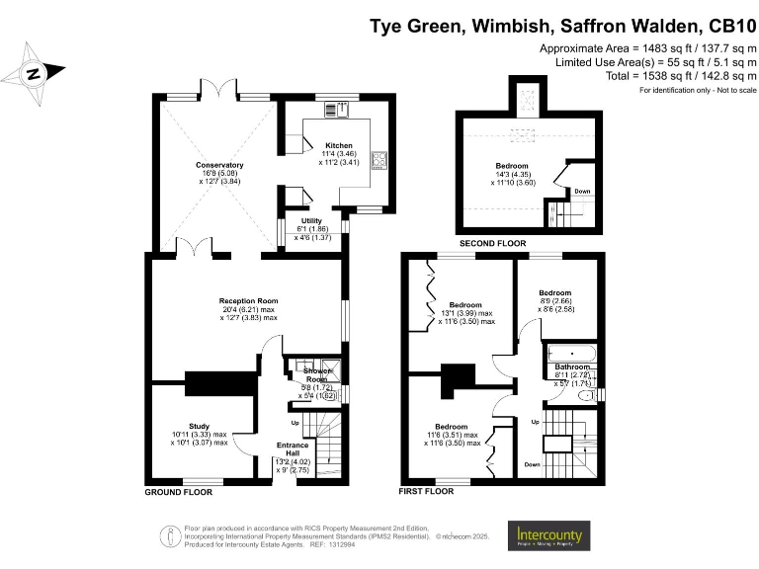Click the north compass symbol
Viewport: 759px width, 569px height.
tap(33, 72)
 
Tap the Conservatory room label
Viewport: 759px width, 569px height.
tap(219, 165)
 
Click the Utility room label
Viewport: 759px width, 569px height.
tap(311, 221)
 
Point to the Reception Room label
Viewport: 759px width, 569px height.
tap(248, 300)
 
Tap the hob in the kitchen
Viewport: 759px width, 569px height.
tap(378, 160)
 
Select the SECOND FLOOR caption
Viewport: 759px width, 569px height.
tap(493, 243)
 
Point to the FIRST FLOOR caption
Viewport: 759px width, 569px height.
tap(427, 491)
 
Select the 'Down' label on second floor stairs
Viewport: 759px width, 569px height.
tap(582, 192)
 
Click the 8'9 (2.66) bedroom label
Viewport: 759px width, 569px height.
tap(555, 293)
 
